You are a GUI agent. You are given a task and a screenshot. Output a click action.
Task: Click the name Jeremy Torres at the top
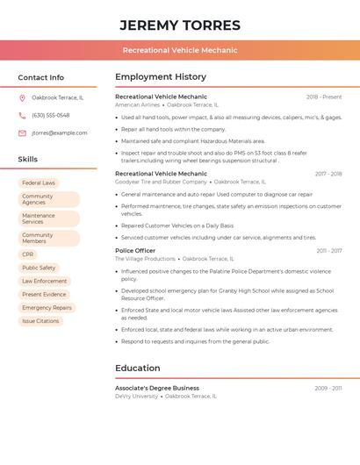179,25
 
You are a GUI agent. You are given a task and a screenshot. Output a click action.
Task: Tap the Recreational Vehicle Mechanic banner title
179,50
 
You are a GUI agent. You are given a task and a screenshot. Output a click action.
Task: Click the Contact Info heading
40,77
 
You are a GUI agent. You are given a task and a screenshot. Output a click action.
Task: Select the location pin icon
22,97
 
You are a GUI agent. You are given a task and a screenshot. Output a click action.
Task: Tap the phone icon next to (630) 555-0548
22,115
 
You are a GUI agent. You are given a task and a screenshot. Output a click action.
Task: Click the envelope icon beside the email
22,133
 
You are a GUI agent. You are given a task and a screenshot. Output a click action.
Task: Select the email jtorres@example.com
59,133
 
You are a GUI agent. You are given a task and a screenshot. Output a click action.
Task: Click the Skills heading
27,160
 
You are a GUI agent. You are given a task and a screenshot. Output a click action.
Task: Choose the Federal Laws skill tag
39,183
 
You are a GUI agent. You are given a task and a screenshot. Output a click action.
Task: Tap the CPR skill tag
28,254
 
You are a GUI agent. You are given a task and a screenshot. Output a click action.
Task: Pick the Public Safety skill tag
39,268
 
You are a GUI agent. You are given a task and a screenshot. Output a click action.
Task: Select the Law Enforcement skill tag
44,282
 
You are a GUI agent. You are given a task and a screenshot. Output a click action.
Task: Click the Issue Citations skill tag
40,321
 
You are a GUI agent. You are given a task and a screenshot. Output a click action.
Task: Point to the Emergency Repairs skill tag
47,308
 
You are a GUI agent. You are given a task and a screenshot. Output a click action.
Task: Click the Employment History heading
161,77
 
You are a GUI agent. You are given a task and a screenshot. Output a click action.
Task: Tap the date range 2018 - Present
324,97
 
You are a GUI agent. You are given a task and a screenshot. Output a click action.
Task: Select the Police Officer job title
135,251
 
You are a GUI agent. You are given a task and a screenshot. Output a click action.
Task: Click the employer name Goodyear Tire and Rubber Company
160,182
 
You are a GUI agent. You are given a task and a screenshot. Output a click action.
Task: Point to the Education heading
138,368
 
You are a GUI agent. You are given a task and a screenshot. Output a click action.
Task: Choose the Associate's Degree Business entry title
157,388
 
